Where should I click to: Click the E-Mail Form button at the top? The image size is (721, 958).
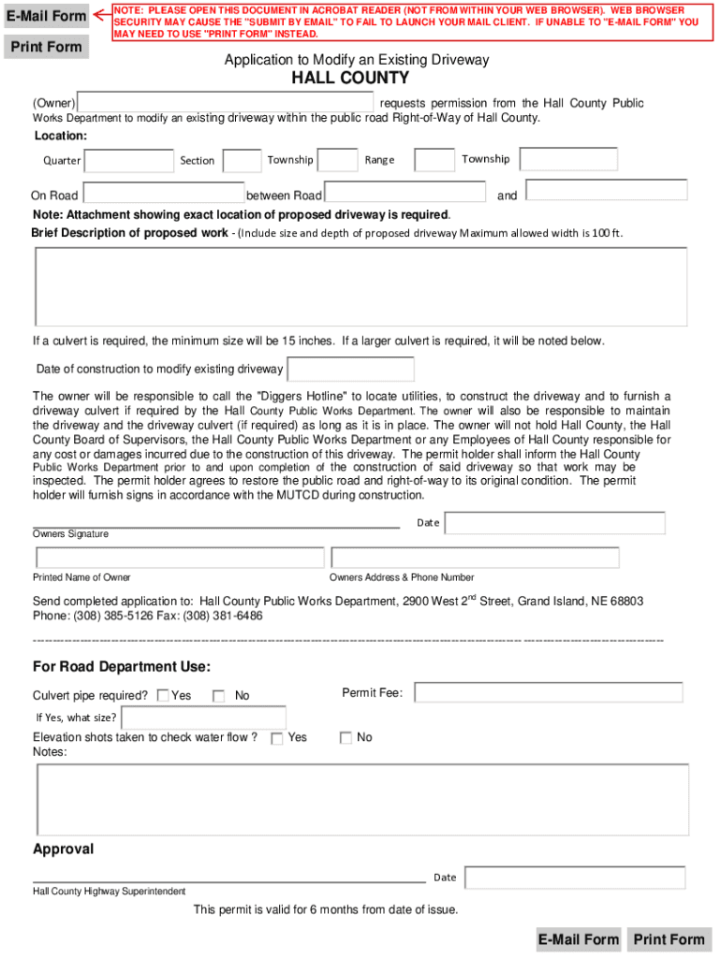tap(46, 16)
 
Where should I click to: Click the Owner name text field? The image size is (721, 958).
tap(226, 102)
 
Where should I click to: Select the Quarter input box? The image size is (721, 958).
tap(129, 161)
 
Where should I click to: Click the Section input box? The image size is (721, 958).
tap(243, 161)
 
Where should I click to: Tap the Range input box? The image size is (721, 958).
tap(434, 160)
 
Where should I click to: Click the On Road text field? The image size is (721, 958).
tap(163, 194)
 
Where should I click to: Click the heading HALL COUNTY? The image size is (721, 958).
tap(350, 79)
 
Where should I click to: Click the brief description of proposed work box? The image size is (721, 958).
tap(360, 285)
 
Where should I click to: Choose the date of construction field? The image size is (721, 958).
tap(350, 370)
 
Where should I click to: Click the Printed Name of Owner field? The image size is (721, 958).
tap(179, 558)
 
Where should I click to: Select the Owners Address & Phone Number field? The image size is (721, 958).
tap(474, 558)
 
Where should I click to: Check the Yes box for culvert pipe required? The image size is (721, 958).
tap(163, 695)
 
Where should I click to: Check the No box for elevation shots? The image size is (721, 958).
tap(346, 738)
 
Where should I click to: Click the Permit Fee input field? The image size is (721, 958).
tap(548, 692)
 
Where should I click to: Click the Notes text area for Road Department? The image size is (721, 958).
tap(361, 798)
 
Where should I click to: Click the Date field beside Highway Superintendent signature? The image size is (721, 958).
tap(574, 878)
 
